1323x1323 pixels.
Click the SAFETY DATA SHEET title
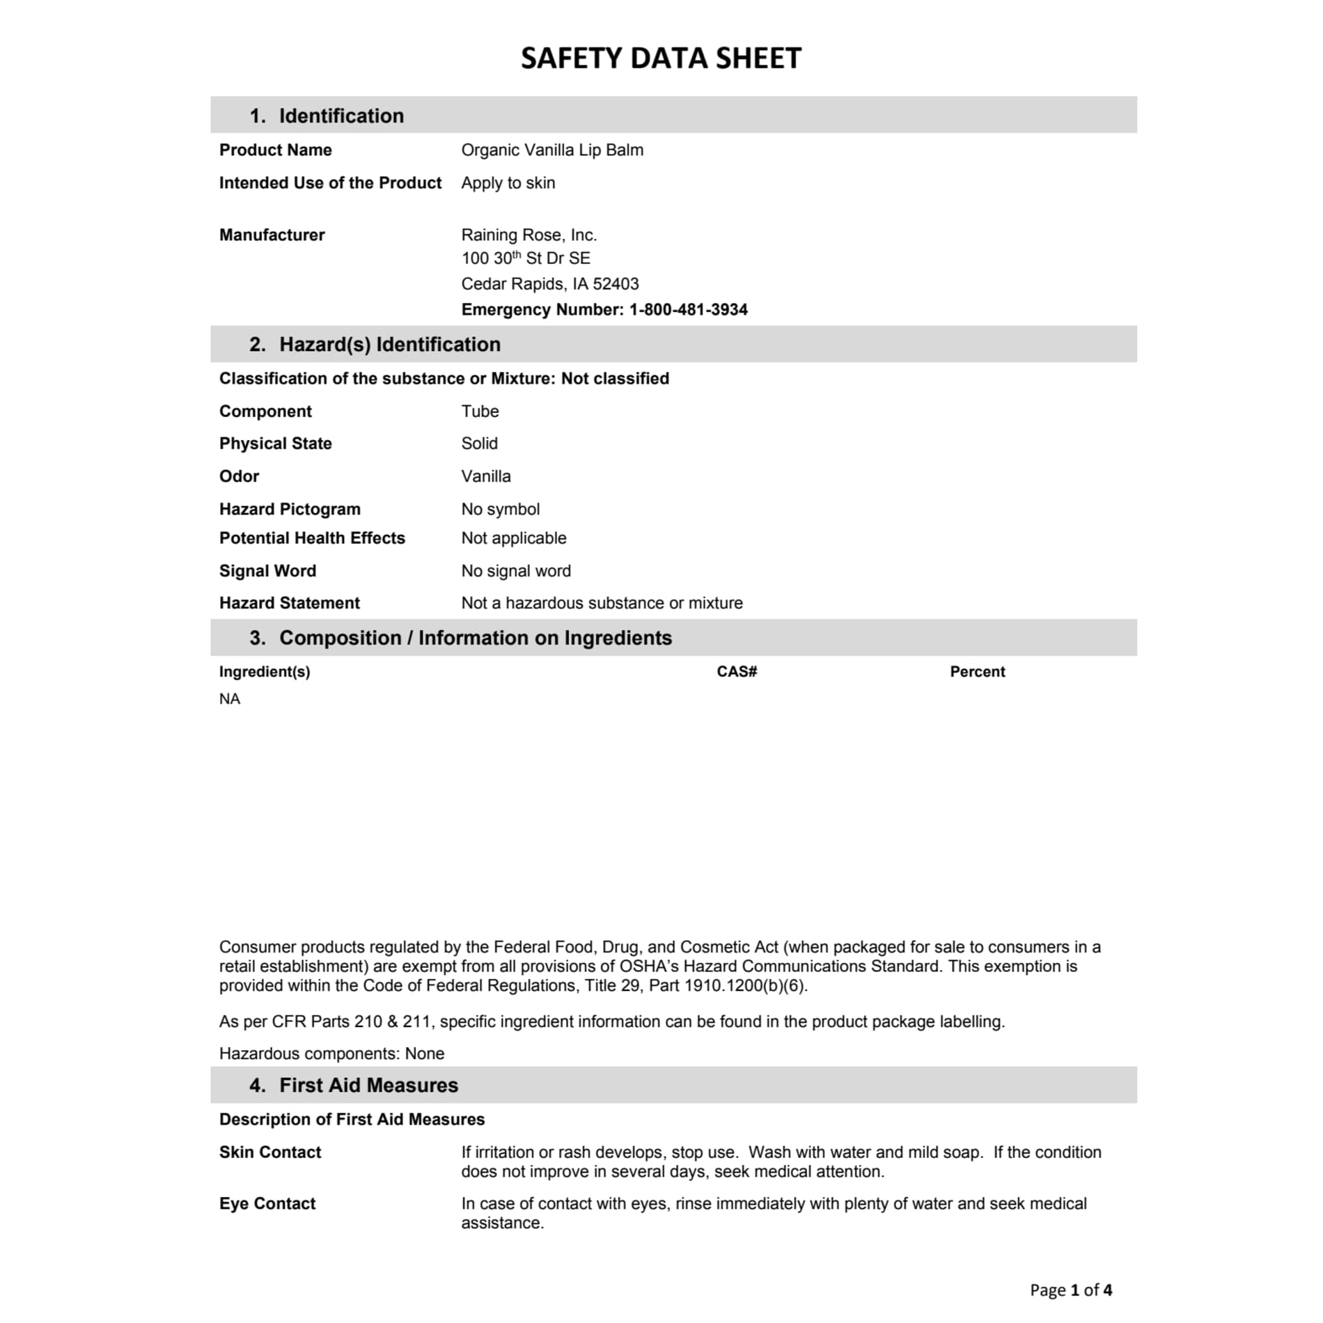[x=661, y=58]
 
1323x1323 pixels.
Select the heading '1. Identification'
[x=327, y=116]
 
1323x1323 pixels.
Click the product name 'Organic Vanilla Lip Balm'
[x=552, y=150]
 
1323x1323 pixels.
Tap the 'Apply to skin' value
[x=508, y=182]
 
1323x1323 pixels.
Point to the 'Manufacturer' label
[x=272, y=235]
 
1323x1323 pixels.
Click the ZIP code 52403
[x=616, y=284]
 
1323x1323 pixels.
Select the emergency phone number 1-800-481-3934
[x=688, y=310]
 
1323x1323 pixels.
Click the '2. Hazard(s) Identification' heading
[x=375, y=345]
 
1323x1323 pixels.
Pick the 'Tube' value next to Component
[x=480, y=412]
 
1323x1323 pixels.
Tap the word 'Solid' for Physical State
[x=479, y=444]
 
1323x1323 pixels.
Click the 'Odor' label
[x=239, y=476]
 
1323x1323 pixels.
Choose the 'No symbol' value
[x=500, y=509]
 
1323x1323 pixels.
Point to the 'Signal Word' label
[x=267, y=571]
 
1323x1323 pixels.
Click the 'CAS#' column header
[x=737, y=672]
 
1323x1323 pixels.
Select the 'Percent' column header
[x=977, y=672]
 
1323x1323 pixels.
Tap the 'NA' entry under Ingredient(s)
[x=230, y=699]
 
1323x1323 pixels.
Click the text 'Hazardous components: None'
[x=331, y=1054]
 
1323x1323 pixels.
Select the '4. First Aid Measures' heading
[x=354, y=1086]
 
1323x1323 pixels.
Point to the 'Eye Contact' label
[x=267, y=1204]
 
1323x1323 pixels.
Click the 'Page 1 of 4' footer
[x=1070, y=1290]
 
